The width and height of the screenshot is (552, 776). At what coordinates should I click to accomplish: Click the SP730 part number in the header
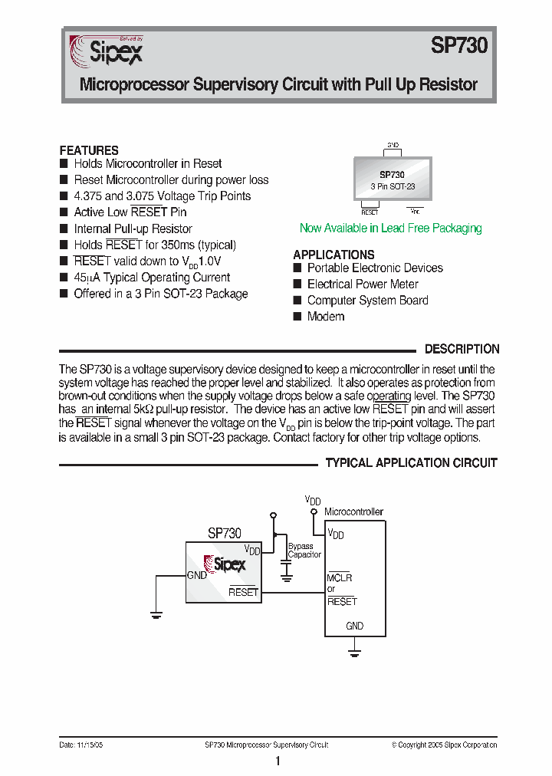[x=458, y=46]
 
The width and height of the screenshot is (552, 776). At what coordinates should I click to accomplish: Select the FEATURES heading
[x=89, y=150]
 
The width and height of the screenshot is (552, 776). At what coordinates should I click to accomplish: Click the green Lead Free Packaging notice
[x=390, y=228]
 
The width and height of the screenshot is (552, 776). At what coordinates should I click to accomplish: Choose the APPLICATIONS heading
[x=333, y=255]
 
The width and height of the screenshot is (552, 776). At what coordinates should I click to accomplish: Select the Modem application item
[x=325, y=317]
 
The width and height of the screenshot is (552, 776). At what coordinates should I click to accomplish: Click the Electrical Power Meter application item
[x=363, y=284]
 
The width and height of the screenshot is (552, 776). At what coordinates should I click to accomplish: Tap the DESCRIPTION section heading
[x=462, y=349]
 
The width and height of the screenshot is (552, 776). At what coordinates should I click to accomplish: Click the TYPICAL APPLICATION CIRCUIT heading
[x=412, y=463]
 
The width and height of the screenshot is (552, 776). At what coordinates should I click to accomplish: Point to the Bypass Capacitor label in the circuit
[x=304, y=551]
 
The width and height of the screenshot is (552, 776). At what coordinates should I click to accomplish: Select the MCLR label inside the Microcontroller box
[x=340, y=577]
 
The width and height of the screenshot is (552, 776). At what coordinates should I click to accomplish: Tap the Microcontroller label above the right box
[x=353, y=511]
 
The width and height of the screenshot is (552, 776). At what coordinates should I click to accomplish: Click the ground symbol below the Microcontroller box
[x=354, y=653]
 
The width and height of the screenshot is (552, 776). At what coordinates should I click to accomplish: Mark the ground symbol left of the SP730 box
[x=156, y=613]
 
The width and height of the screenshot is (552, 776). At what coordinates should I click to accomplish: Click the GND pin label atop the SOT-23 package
[x=393, y=144]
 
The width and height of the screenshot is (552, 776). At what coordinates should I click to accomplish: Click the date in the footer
[x=81, y=745]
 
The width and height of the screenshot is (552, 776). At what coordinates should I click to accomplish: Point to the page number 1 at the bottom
[x=278, y=761]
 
